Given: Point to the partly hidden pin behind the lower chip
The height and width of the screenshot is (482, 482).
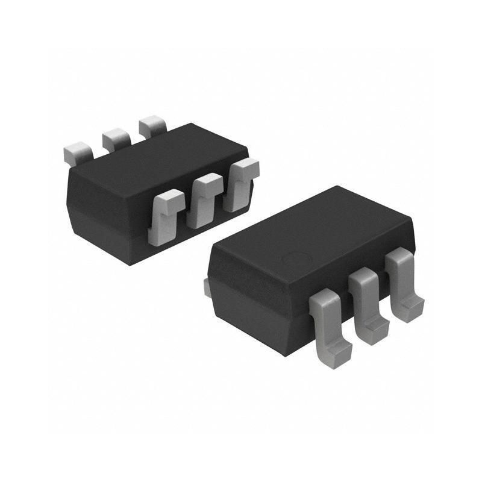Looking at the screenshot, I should [206, 287].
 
